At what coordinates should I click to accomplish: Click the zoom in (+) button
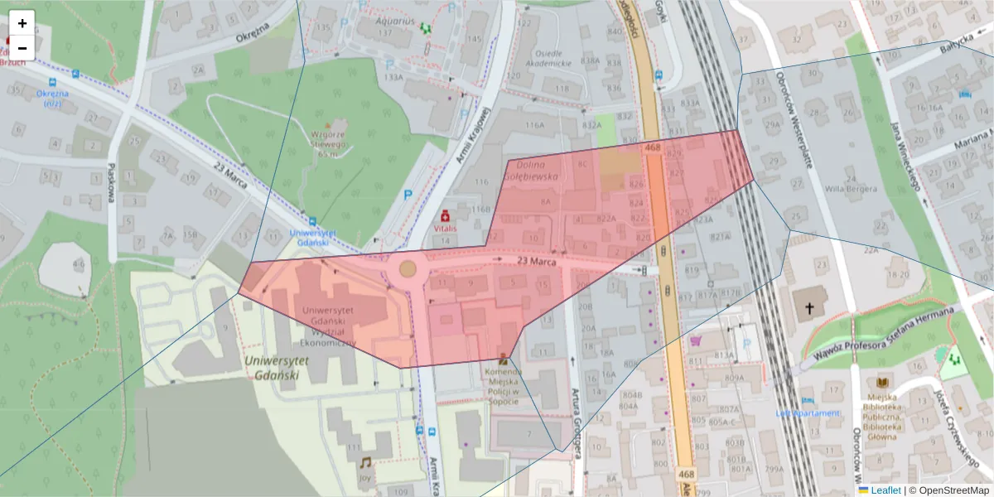pyautogui.click(x=22, y=23)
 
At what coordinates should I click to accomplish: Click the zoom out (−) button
pyautogui.click(x=22, y=48)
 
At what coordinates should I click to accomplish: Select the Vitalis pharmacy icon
pyautogui.click(x=446, y=215)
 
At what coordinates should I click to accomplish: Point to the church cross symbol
pyautogui.click(x=809, y=306)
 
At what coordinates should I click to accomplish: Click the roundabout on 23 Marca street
pyautogui.click(x=408, y=268)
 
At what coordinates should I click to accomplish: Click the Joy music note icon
pyautogui.click(x=365, y=462)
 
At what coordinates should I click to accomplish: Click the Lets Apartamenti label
pyautogui.click(x=808, y=413)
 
